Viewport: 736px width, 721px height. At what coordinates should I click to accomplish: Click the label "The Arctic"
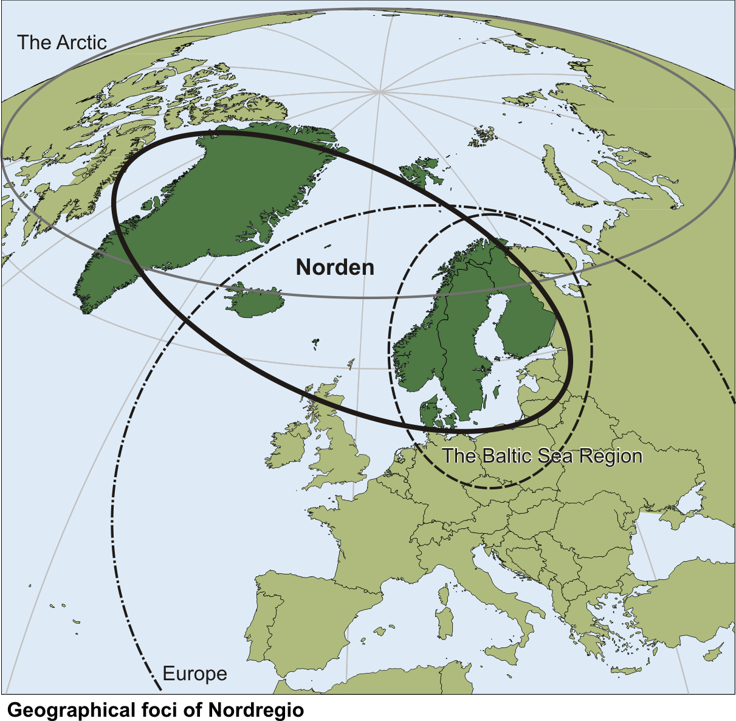pos(61,43)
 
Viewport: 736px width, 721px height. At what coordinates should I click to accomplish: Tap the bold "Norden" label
pos(335,267)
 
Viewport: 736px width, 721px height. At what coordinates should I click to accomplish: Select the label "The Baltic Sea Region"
pos(542,456)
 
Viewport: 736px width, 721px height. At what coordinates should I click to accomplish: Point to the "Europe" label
pos(194,674)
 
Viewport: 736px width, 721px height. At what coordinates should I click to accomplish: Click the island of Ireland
pos(290,447)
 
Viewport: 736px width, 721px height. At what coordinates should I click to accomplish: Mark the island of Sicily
pos(507,657)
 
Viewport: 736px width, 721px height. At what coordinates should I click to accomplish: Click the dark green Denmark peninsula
pos(429,409)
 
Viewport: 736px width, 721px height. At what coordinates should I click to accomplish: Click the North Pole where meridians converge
pos(380,92)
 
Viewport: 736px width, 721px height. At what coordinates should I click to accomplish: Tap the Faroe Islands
pos(315,343)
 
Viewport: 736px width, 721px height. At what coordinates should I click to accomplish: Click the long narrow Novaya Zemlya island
pos(562,176)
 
